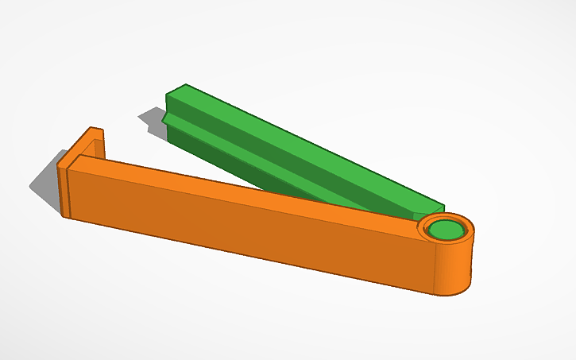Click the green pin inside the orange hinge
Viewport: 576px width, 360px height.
tap(446, 230)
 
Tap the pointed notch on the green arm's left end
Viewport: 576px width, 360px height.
tap(163, 118)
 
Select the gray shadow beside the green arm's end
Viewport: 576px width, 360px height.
tap(151, 119)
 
